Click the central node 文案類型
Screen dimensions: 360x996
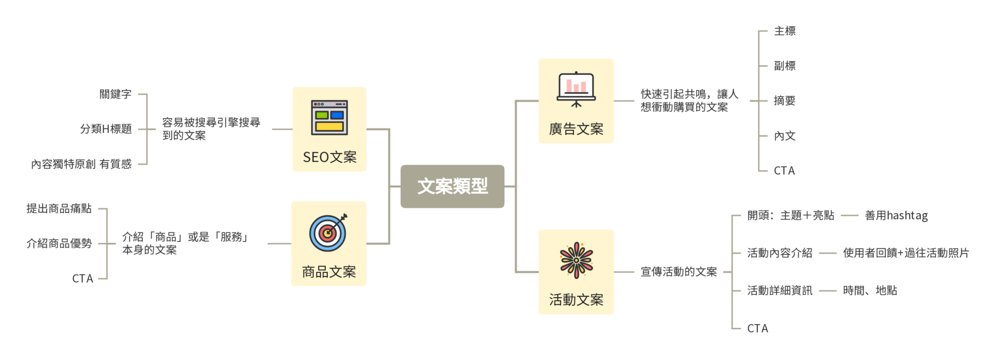tap(452, 186)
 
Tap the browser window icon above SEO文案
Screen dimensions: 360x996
tap(329, 117)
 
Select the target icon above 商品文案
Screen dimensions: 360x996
tap(328, 232)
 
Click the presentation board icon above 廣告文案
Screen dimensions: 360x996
tap(576, 89)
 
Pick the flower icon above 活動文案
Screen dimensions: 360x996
tap(576, 259)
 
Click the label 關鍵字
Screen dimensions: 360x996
tap(116, 94)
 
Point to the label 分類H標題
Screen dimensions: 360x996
tap(106, 129)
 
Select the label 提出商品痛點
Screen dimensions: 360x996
tap(59, 209)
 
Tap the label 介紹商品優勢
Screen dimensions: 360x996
tap(59, 243)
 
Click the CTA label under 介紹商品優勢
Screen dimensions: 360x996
tap(82, 279)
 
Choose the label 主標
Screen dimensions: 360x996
tap(784, 31)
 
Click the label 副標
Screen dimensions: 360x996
tap(784, 66)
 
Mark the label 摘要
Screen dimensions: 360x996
tap(784, 101)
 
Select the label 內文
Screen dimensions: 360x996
tap(784, 136)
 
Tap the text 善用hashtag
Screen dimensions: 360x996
tap(896, 215)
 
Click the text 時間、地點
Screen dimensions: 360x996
tap(870, 290)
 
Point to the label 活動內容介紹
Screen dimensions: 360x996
tap(779, 253)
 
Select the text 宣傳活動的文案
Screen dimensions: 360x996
tap(679, 272)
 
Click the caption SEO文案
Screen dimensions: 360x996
tap(329, 157)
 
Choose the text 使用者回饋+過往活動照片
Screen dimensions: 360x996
tap(906, 253)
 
